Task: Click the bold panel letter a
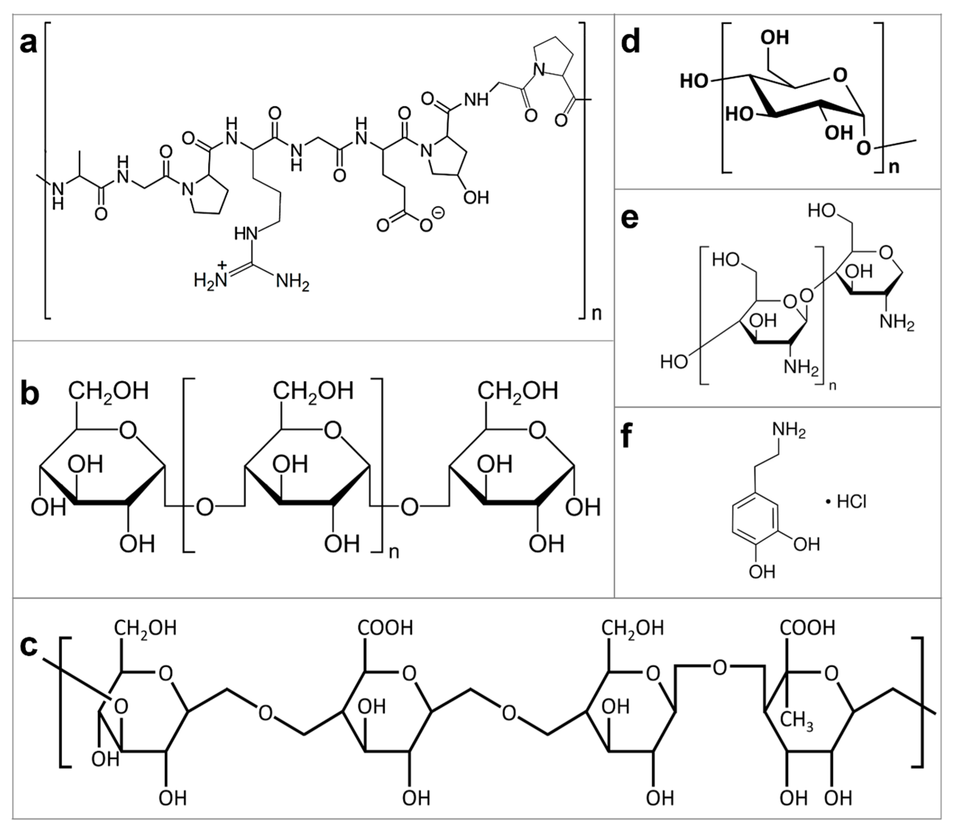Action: [29, 44]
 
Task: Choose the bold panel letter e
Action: [630, 219]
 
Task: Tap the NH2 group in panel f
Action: [788, 431]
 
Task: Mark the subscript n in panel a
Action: [596, 313]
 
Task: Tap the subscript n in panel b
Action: [394, 552]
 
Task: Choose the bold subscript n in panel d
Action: [894, 167]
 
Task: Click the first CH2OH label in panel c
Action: [145, 628]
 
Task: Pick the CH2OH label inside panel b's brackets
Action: [313, 391]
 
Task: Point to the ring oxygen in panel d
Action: [840, 75]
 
